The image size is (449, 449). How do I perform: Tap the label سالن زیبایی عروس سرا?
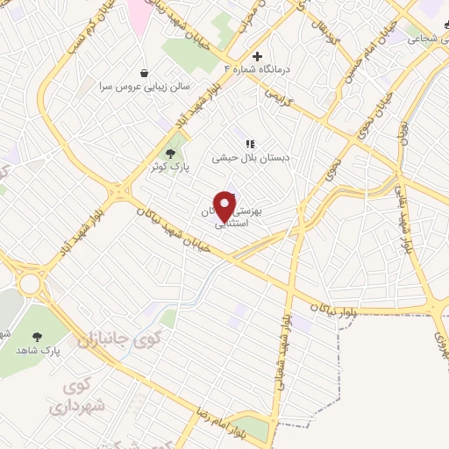click(145, 87)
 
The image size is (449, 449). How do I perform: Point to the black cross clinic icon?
click(256, 56)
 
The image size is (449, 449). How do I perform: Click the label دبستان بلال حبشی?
click(250, 159)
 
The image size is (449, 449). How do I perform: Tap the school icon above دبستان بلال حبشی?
click(250, 144)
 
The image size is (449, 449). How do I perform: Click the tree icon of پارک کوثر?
click(170, 153)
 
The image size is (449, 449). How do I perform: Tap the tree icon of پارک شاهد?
click(37, 336)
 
